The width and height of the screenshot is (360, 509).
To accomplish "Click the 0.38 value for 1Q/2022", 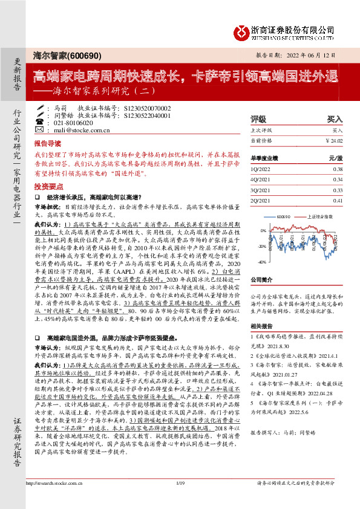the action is pyautogui.click(x=338, y=169).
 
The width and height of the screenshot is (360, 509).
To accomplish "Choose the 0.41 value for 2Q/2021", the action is pyautogui.click(x=338, y=200).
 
